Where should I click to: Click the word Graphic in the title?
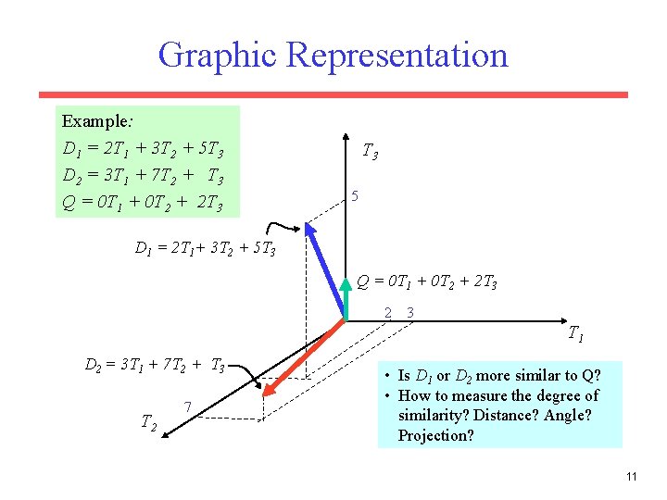219,56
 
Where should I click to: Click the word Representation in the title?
397,56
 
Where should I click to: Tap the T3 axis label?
369,151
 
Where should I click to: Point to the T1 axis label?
574,332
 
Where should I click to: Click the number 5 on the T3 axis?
354,196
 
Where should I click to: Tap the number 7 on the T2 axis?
188,406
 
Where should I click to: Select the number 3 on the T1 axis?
409,312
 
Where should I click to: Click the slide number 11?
631,477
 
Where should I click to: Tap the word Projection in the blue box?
435,435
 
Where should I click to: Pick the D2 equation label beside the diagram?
155,367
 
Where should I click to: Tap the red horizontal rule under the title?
333,94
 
